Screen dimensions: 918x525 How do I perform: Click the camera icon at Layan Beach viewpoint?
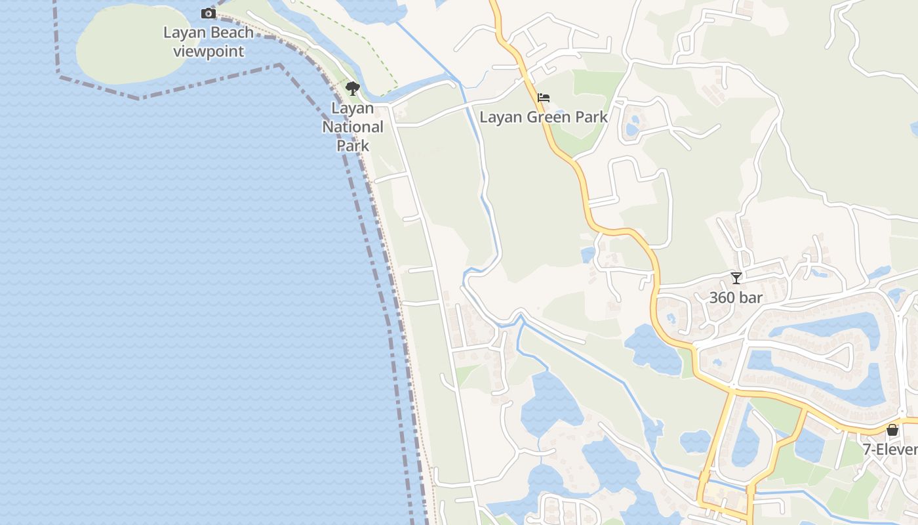208,14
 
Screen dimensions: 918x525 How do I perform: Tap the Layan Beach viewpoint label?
209,42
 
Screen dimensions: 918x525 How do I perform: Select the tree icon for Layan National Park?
353,89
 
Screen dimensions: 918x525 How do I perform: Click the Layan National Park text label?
353,127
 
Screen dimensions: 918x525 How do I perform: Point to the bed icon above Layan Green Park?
544,98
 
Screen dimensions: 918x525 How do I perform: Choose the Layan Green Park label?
544,117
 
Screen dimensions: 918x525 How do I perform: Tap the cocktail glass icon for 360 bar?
736,278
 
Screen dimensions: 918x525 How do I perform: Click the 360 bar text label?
736,297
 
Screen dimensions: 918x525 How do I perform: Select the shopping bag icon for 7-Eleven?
892,430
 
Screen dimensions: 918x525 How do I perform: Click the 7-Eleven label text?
890,450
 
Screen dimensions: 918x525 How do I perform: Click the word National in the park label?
353,127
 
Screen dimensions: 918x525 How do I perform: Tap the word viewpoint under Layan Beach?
209,51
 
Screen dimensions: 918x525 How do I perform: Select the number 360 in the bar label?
723,297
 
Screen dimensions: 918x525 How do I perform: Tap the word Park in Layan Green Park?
592,117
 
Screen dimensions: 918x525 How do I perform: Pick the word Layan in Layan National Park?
353,108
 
